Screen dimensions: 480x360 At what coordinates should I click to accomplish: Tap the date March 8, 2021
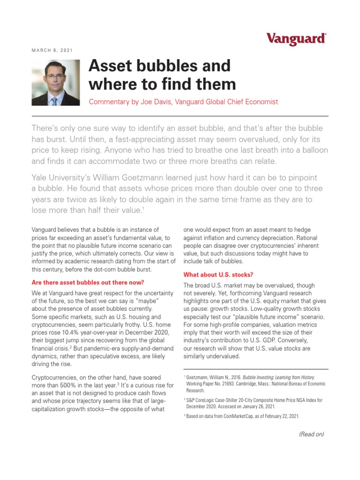pos(52,50)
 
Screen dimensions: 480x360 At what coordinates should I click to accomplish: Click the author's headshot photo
pos(56,83)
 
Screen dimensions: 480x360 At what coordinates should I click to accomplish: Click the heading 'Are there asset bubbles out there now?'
pos(88,283)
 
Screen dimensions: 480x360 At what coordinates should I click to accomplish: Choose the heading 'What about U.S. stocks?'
pos(218,275)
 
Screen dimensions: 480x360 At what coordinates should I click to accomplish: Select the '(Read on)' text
pos(311,434)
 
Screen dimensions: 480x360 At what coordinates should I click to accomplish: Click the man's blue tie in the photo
pos(55,100)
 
